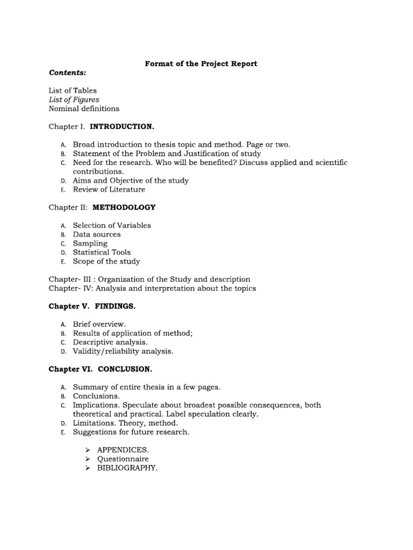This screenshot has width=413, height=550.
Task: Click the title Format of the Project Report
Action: [x=201, y=63]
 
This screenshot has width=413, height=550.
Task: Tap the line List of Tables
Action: [x=73, y=90]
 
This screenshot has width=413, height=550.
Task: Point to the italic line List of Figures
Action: [x=74, y=99]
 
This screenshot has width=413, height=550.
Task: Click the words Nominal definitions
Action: [x=84, y=108]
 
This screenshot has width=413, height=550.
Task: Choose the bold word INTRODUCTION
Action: [x=122, y=126]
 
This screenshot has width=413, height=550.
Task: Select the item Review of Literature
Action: [x=109, y=190]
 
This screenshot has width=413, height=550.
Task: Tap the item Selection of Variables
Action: [x=112, y=226]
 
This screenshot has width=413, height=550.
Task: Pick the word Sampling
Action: [x=90, y=243]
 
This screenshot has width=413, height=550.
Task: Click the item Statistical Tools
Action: [x=102, y=252]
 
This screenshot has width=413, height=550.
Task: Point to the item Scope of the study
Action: [x=106, y=262]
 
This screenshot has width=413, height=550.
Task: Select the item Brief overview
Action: [x=99, y=324]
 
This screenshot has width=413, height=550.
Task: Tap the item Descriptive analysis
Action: [x=110, y=342]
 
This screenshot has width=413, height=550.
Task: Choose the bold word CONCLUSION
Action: [x=125, y=370]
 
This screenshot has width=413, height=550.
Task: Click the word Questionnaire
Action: [x=123, y=459]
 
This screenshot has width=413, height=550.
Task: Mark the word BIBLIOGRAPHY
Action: [x=127, y=468]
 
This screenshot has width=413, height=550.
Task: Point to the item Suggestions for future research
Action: [x=131, y=432]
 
